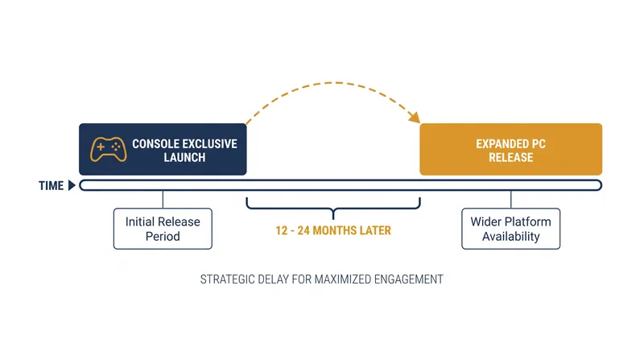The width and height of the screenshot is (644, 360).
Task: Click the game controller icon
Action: pos(108,149)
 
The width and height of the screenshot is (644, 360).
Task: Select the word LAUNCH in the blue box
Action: pos(184,157)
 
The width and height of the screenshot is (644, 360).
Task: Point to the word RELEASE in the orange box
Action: pos(511,157)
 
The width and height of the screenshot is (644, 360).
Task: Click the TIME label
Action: pos(52,186)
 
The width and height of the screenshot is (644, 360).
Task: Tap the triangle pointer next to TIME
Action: pos(72,185)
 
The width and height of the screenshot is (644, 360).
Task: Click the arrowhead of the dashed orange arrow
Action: pos(415,117)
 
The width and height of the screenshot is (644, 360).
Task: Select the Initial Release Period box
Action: pos(163,229)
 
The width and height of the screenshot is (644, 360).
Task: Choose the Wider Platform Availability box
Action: pos(511,229)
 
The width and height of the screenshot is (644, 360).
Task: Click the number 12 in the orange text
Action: pos(281,230)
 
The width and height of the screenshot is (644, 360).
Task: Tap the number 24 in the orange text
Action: pos(303,230)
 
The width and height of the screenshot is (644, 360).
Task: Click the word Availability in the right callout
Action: pos(511,236)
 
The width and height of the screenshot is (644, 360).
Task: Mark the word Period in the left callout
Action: pos(163,236)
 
